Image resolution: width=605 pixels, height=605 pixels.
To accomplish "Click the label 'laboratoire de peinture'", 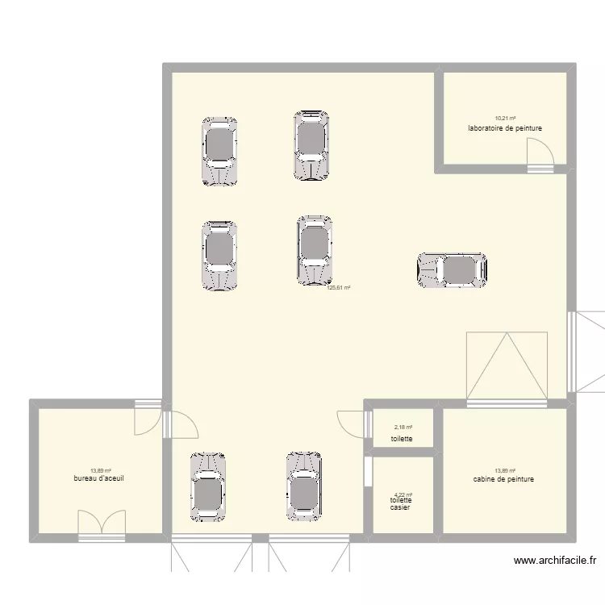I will (504, 128).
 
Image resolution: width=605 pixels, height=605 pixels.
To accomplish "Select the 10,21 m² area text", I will (505, 119).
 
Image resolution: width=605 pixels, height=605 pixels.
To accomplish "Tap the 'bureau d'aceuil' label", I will (98, 478).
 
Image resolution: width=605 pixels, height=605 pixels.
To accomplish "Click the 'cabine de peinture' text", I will (504, 479).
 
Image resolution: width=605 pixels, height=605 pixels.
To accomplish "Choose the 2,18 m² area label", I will (403, 428).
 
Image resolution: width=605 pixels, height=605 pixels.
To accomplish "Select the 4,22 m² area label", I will (403, 495).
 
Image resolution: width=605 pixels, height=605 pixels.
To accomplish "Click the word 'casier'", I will (399, 507).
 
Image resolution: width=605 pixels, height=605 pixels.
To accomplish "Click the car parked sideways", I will (453, 270).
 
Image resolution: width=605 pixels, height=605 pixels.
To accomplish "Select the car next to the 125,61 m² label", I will (314, 250).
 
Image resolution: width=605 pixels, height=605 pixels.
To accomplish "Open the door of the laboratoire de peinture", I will (540, 153).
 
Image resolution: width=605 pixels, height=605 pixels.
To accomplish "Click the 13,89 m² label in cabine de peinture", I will (505, 470).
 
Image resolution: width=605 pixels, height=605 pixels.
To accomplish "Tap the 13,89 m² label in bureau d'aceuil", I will (100, 470).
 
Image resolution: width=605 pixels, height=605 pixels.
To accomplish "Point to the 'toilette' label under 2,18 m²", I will (402, 439).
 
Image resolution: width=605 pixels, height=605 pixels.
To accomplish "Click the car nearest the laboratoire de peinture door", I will (453, 270).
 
